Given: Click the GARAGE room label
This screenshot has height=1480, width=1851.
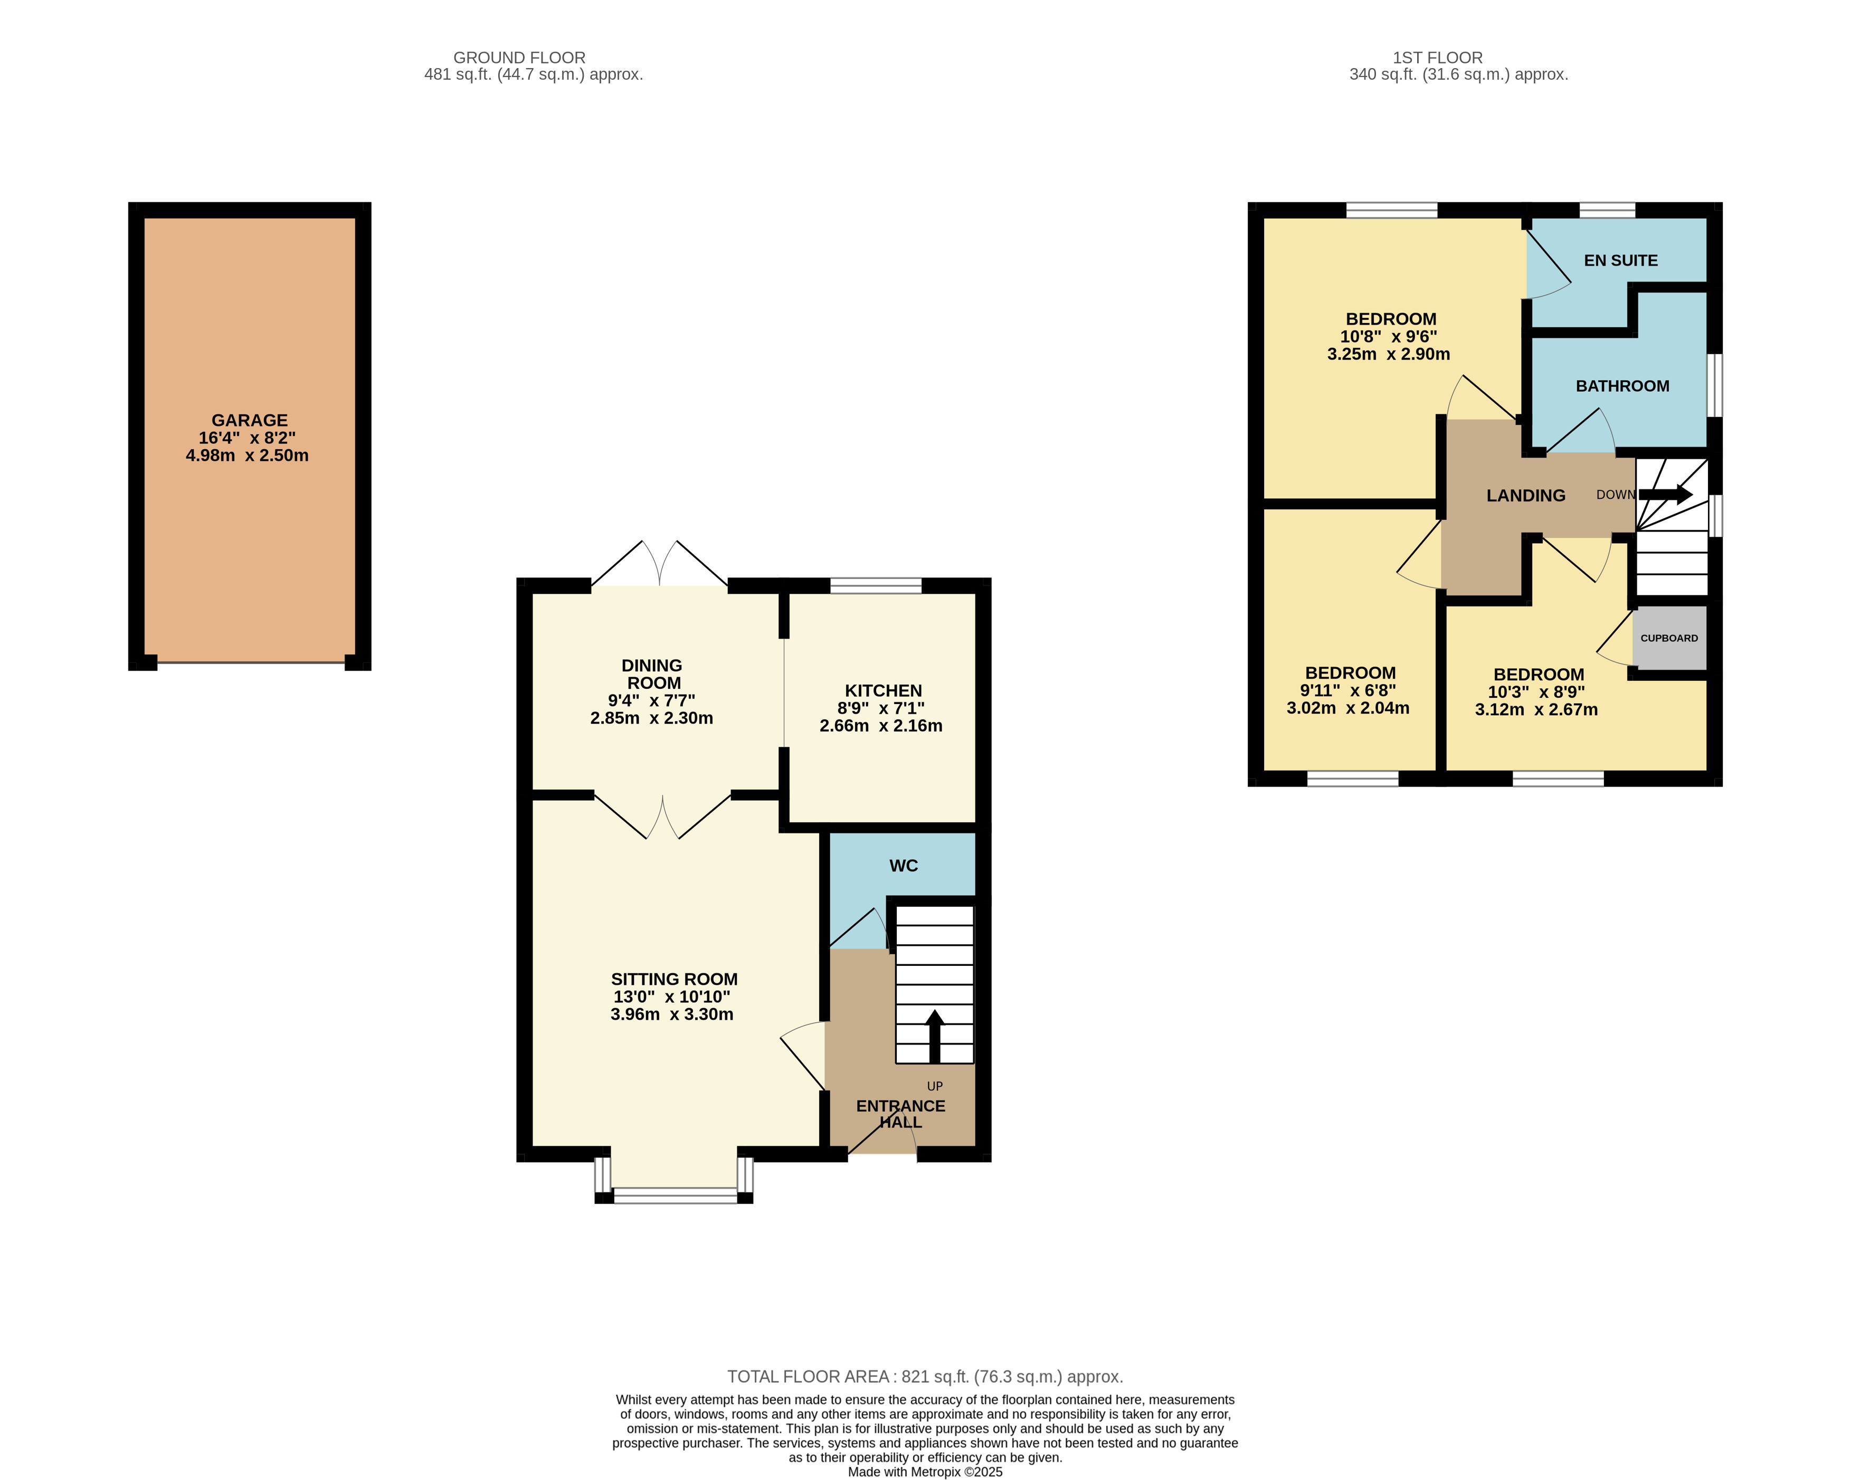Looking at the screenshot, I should click(x=249, y=420).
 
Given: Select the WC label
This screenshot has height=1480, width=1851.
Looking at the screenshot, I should click(x=903, y=865).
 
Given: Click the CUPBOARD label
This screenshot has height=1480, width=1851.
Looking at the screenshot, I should click(x=1668, y=638).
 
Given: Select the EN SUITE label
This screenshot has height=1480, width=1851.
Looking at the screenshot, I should click(x=1620, y=260).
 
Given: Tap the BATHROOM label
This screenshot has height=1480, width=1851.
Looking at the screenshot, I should click(x=1622, y=385).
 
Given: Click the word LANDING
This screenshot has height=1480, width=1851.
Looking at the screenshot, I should click(x=1526, y=495).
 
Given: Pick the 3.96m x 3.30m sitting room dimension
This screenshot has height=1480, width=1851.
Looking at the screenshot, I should click(x=671, y=1014).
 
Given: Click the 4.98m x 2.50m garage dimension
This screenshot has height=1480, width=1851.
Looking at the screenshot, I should click(x=247, y=455).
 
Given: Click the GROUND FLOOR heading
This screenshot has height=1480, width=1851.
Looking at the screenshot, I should click(x=519, y=58).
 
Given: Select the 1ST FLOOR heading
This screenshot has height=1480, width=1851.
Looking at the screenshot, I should click(x=1437, y=58).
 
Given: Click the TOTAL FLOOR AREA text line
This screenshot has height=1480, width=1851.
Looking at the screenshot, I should click(x=925, y=1376).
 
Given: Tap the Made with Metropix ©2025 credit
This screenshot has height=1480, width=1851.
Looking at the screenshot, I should click(x=925, y=1472).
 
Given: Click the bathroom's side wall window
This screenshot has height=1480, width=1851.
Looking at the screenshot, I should click(x=1714, y=385).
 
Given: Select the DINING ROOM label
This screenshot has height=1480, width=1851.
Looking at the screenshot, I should click(x=652, y=674).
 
